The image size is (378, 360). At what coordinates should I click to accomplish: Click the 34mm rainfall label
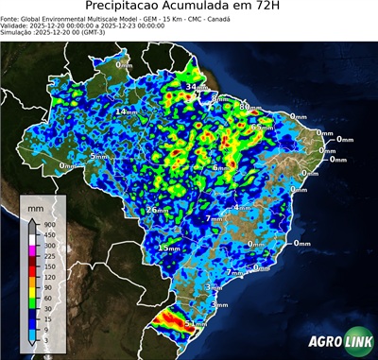193,87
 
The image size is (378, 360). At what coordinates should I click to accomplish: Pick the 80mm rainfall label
248,108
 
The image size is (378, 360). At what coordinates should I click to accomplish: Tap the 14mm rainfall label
125,111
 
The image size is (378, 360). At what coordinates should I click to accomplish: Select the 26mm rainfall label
155,210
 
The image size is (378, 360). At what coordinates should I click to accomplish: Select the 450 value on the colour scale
46,235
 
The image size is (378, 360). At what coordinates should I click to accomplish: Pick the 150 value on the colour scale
46,266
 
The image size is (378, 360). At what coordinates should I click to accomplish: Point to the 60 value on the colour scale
46,298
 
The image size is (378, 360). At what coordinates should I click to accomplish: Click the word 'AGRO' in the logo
324,341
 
